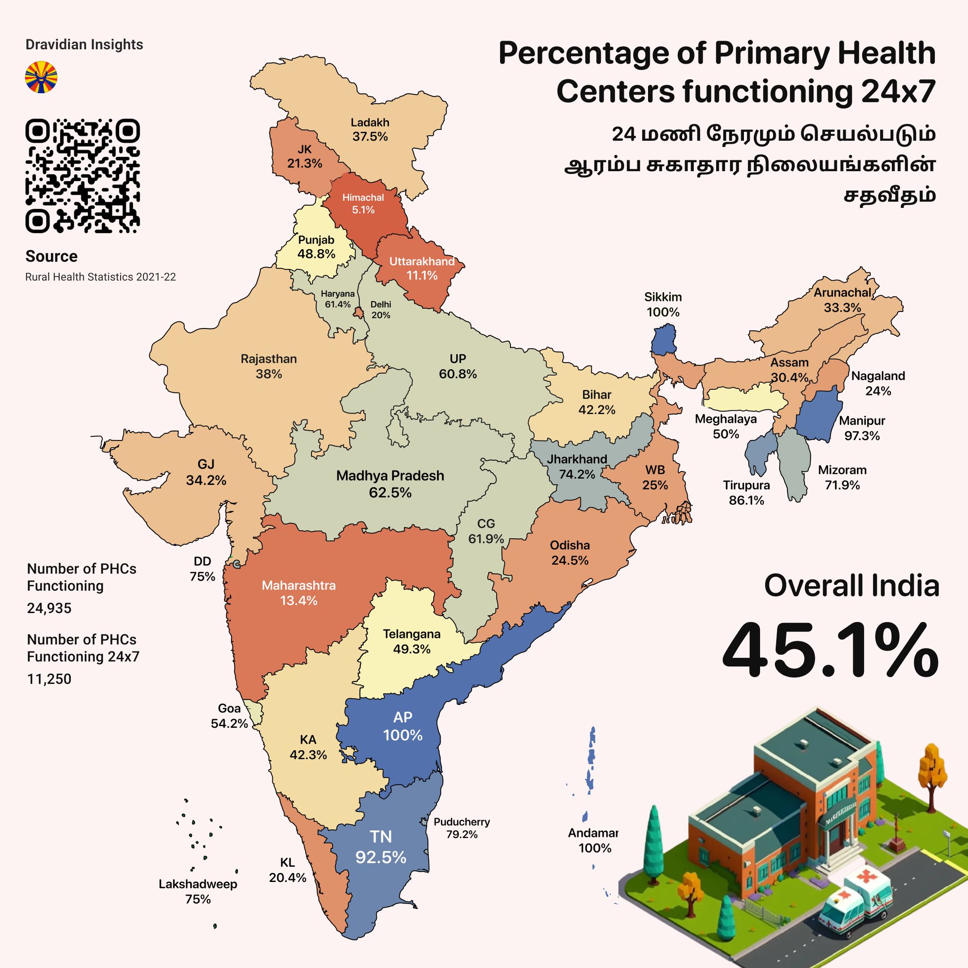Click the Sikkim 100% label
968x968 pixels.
click(x=662, y=305)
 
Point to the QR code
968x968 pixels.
click(x=82, y=176)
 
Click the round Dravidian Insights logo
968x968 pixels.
click(x=41, y=77)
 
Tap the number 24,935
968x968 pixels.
click(x=49, y=608)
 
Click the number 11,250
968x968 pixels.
click(x=49, y=679)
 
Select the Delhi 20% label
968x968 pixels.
click(x=381, y=310)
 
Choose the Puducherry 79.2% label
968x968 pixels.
click(x=461, y=828)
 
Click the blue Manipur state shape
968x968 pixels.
click(x=818, y=415)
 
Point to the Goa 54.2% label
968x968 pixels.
click(x=229, y=716)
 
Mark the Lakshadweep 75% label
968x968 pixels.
click(x=198, y=891)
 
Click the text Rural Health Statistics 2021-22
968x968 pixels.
click(x=100, y=277)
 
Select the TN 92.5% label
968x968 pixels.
click(x=381, y=847)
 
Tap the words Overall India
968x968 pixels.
click(x=851, y=585)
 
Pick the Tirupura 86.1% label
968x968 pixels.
click(x=746, y=493)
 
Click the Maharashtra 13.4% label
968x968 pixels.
click(x=299, y=593)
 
